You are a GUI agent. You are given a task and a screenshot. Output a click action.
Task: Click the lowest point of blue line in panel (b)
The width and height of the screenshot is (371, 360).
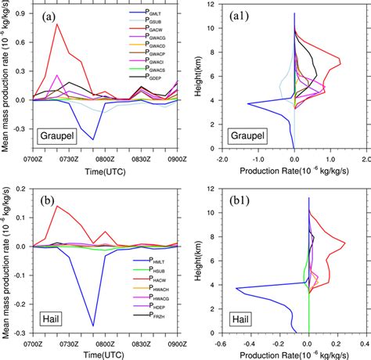coord(94,326)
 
